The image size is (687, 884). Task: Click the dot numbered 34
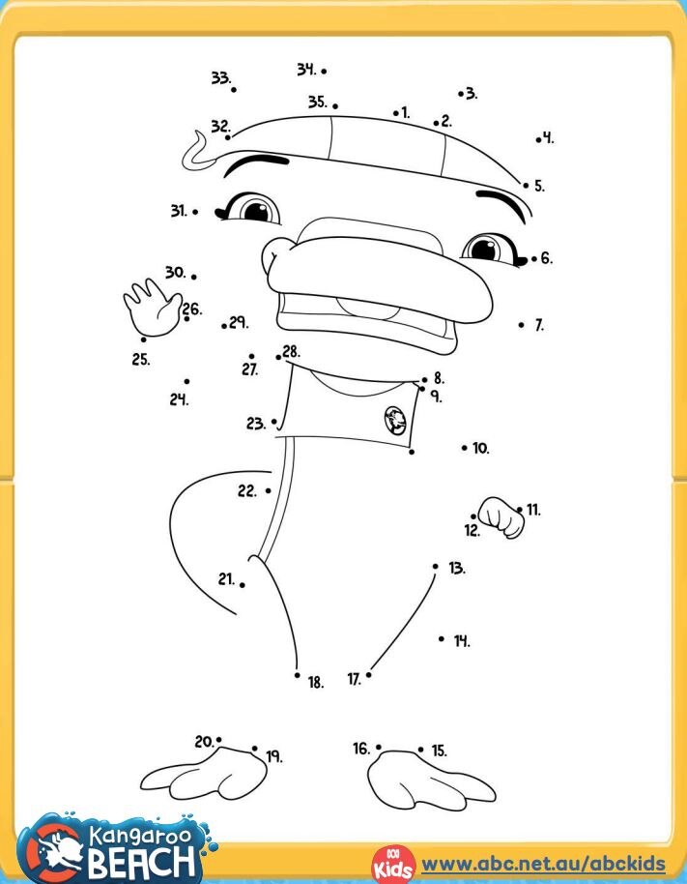tap(324, 71)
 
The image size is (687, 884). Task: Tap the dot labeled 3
tap(461, 94)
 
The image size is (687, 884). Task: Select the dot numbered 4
tap(538, 139)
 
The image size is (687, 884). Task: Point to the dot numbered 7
tap(522, 325)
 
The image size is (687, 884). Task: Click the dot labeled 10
tap(464, 448)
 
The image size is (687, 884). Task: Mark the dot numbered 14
tap(442, 638)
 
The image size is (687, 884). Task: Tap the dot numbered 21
tap(242, 584)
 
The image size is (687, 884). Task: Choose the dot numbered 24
tap(186, 381)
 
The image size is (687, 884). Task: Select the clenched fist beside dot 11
tap(503, 517)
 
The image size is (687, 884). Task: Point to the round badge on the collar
tap(395, 419)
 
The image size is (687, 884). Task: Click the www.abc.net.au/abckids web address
tap(544, 864)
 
